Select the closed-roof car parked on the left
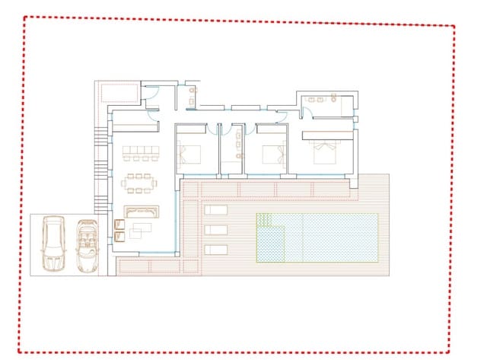(x=55, y=244)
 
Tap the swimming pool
(x=317, y=237)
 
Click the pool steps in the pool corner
(x=265, y=221)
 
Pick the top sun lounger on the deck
(x=215, y=209)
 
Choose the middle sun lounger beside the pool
(x=215, y=229)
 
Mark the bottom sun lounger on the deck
(x=215, y=249)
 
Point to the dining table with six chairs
(x=139, y=183)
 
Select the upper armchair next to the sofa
(x=119, y=223)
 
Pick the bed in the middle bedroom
(x=272, y=155)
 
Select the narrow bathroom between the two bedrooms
(x=231, y=148)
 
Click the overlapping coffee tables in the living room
(x=144, y=228)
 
